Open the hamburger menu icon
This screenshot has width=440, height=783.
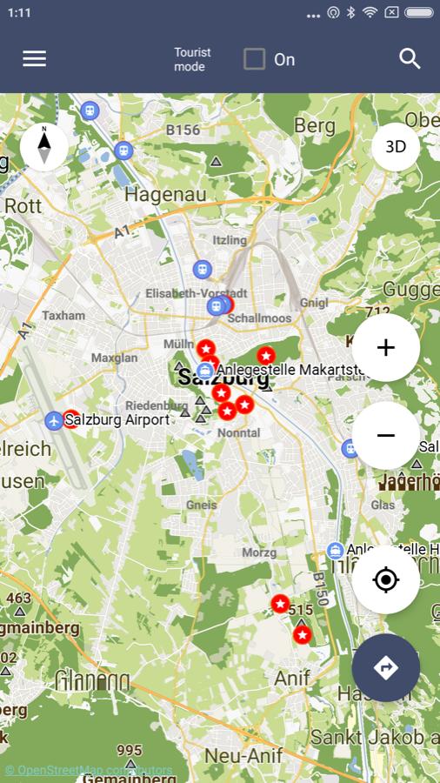[35, 58]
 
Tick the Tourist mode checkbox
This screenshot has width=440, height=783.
[254, 59]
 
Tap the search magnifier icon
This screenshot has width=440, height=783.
[410, 58]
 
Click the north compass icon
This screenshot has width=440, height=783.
[44, 146]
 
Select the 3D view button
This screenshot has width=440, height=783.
[396, 147]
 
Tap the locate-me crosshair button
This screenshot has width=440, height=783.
[386, 580]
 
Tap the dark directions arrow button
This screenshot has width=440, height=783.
[386, 667]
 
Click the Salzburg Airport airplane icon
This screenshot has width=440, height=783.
[55, 421]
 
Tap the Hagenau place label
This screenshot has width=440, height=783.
[165, 194]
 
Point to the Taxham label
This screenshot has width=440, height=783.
[63, 316]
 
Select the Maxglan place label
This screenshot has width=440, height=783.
[114, 358]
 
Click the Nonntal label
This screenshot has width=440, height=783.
[238, 432]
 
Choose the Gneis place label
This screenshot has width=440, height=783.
[201, 505]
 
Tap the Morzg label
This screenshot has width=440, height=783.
[259, 552]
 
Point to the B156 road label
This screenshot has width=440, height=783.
[183, 130]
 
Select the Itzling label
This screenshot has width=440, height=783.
[230, 240]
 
